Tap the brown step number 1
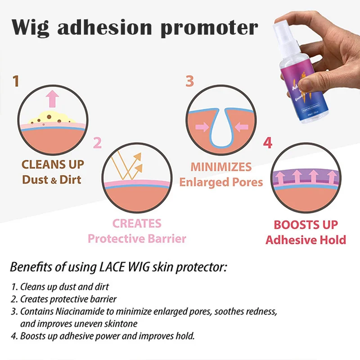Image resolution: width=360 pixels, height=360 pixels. point(16,81)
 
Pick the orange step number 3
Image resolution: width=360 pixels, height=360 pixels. point(190,81)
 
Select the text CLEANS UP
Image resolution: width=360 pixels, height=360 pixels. point(53,164)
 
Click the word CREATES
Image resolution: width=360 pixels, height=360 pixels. point(137,224)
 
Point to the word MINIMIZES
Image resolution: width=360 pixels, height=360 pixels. point(221,167)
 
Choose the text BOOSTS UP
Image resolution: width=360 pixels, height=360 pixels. point(306,225)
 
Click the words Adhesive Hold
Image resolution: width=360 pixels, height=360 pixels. point(306,239)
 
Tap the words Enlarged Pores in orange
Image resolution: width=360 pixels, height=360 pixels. point(221,182)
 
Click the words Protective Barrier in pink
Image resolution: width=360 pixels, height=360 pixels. point(137,238)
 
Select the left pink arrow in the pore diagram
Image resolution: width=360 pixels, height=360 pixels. point(202,127)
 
